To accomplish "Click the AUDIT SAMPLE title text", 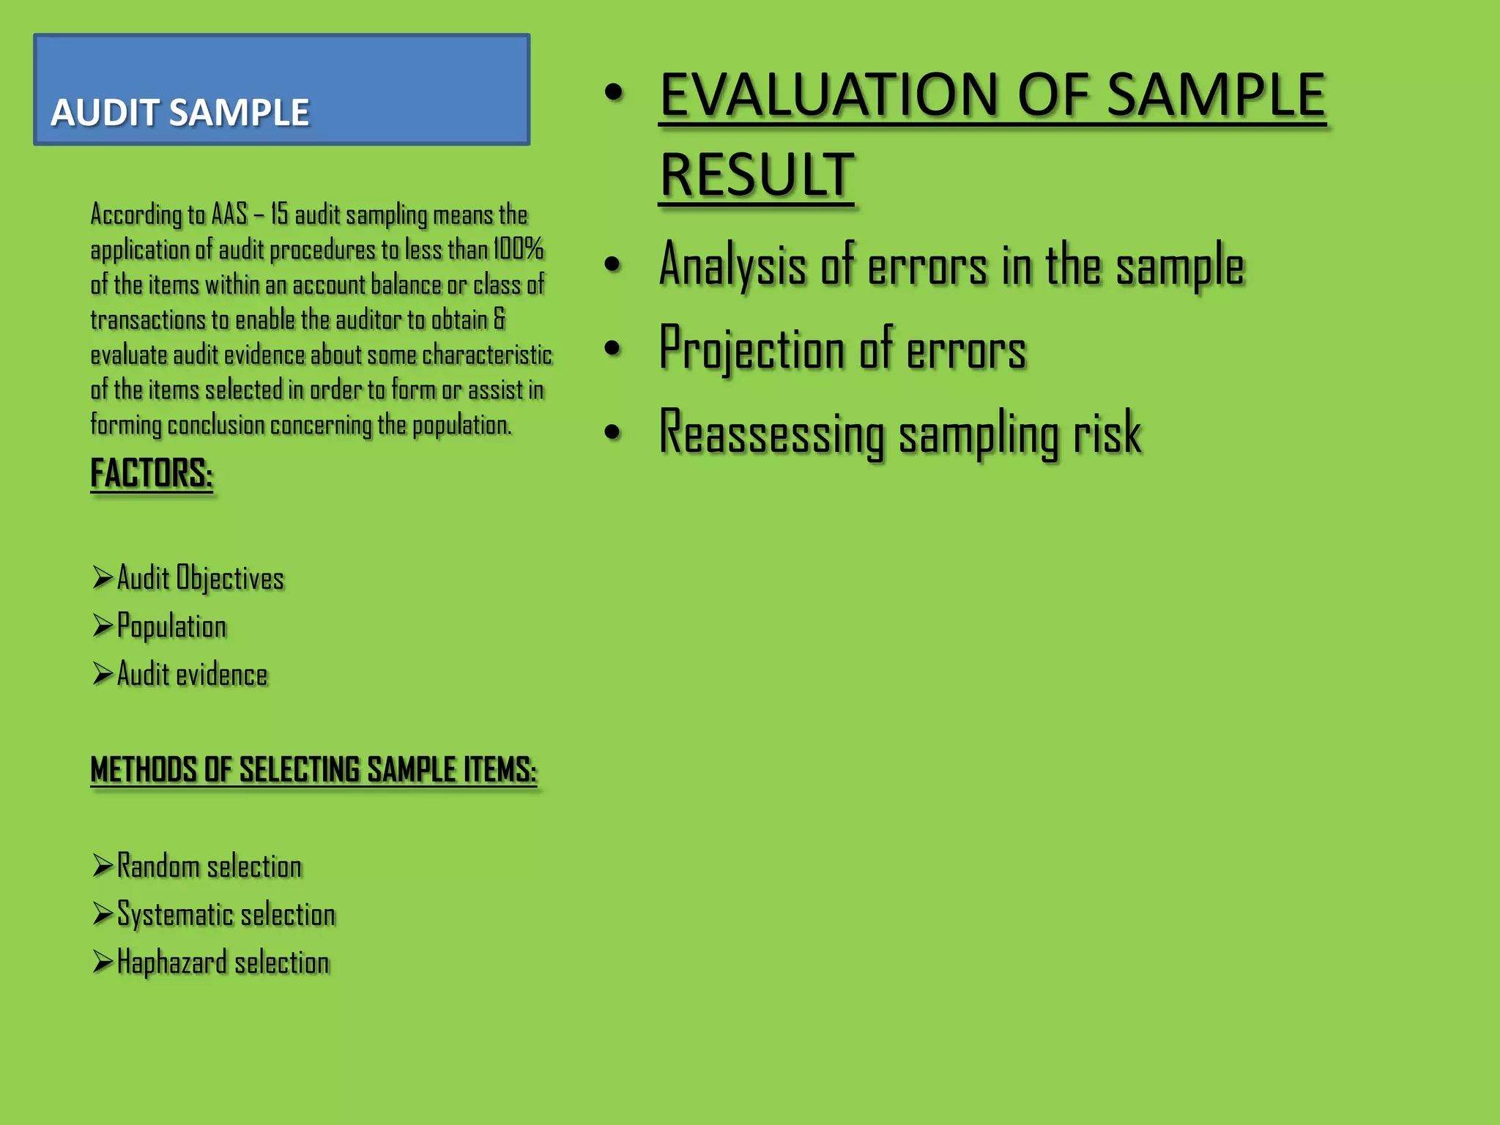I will click(x=180, y=113).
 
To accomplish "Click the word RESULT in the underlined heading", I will click(x=757, y=176).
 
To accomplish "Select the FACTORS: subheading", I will click(x=152, y=473).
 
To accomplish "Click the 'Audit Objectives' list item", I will click(x=200, y=579).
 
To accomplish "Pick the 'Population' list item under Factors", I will click(x=171, y=627).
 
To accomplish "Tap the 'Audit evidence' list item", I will click(x=192, y=675).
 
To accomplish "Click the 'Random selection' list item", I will click(x=209, y=866).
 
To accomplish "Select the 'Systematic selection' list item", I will click(x=226, y=915).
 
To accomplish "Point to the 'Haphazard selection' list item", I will click(x=223, y=962).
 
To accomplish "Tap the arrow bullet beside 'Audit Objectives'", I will click(x=103, y=577).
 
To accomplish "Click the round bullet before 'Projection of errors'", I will click(x=613, y=349).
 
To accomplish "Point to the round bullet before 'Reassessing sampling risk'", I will click(x=613, y=432).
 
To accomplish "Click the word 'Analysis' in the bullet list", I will click(x=732, y=265).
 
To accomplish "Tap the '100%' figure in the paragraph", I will click(x=518, y=249).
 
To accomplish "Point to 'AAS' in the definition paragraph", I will click(x=229, y=215).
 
